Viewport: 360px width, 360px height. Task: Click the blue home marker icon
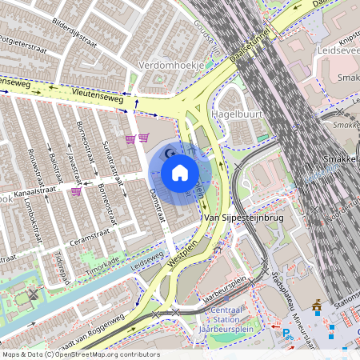pyautogui.click(x=180, y=172)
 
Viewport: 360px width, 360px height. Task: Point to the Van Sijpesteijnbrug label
pyautogui.click(x=244, y=218)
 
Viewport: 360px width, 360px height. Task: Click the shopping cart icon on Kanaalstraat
pyautogui.click(x=76, y=191)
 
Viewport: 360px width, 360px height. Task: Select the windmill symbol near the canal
pyautogui.click(x=34, y=294)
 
